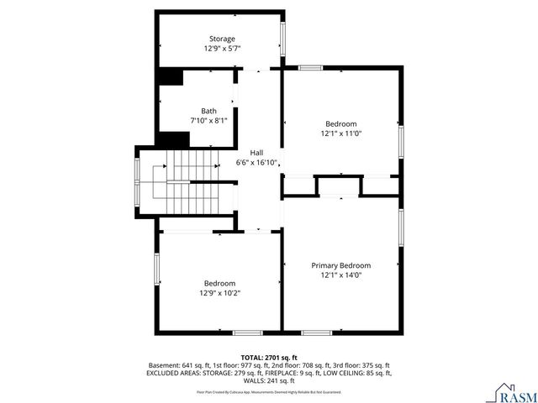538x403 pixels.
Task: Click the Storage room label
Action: pyautogui.click(x=222, y=39)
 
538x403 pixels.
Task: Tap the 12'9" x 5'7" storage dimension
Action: pyautogui.click(x=222, y=49)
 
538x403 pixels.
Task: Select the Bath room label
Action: pyautogui.click(x=208, y=111)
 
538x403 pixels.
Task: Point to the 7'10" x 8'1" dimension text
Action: pyautogui.click(x=208, y=121)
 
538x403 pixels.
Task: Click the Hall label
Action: pyautogui.click(x=256, y=152)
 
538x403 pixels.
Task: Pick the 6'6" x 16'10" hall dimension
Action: pyautogui.click(x=256, y=162)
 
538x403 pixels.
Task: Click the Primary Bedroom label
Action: pyautogui.click(x=340, y=265)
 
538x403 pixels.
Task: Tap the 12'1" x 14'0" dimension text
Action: pyautogui.click(x=340, y=275)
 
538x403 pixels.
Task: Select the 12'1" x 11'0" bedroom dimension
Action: pyautogui.click(x=340, y=133)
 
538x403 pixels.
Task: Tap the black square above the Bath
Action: pyautogui.click(x=172, y=76)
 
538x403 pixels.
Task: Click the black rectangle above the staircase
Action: pyautogui.click(x=174, y=139)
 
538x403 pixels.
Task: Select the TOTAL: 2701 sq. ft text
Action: pyautogui.click(x=268, y=357)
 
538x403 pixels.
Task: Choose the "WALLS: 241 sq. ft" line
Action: pyautogui.click(x=268, y=380)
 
